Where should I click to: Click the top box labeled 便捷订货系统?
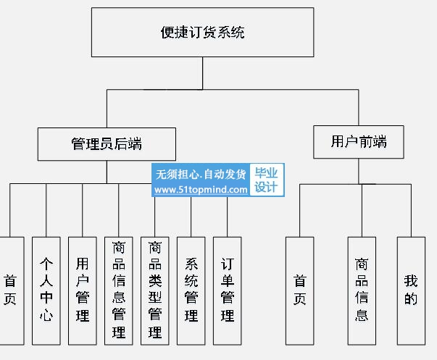(203, 33)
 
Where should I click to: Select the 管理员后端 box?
(107, 144)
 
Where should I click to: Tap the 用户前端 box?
(359, 142)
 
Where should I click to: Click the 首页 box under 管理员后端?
(11, 291)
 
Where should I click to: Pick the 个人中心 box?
(46, 291)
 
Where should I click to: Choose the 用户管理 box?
(83, 291)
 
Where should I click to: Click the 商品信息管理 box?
(119, 291)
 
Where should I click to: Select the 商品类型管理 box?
(155, 291)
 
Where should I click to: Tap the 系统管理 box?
(191, 291)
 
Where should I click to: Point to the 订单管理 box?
(228, 291)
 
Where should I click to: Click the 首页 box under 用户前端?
(300, 291)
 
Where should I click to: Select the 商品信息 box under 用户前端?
(362, 291)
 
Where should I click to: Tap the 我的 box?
(412, 291)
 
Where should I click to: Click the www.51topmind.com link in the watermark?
(201, 190)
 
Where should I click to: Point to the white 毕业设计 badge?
(267, 180)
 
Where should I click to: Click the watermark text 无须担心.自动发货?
(201, 175)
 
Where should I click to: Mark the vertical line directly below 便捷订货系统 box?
(203, 73)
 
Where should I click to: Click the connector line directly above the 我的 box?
(411, 210)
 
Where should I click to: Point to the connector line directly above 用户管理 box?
(82, 210)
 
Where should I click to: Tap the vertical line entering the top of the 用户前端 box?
(359, 107)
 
